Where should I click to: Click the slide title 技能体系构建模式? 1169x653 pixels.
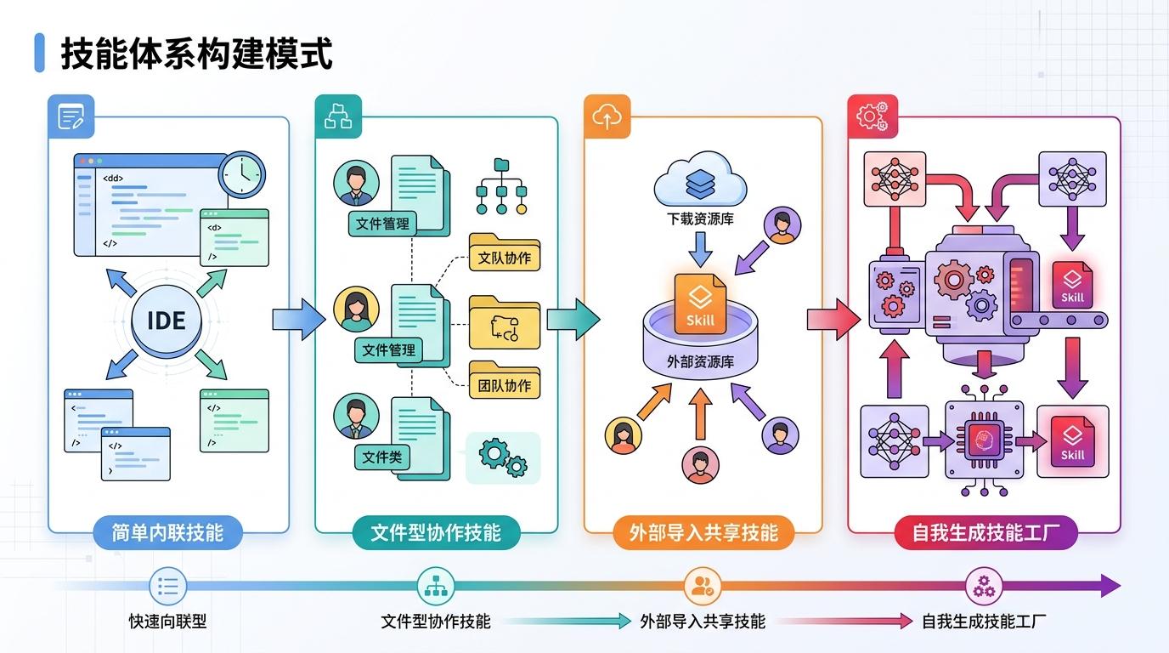point(195,53)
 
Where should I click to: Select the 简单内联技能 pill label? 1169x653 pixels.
point(167,533)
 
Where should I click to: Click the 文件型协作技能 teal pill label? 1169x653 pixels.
point(436,533)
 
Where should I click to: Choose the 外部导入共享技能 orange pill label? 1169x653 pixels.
point(703,533)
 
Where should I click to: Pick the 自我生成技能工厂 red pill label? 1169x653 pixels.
point(985,533)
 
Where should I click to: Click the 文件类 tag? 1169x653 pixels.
point(381,457)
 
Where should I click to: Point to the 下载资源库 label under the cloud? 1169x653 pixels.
point(701,219)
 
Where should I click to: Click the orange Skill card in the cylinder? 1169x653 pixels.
point(700,304)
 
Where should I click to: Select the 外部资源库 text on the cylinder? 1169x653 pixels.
point(701,362)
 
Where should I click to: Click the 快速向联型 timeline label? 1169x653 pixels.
point(167,622)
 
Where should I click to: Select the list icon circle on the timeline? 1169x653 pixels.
point(167,586)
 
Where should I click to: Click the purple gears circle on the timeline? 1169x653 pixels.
point(985,586)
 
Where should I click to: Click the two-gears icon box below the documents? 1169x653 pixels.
point(503,457)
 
